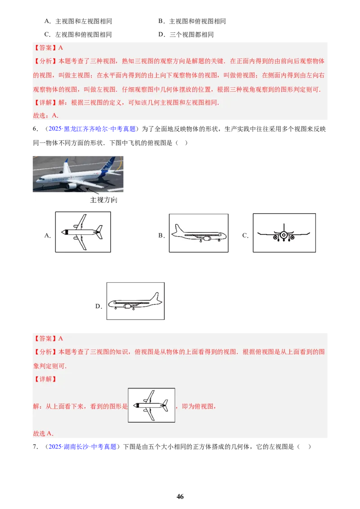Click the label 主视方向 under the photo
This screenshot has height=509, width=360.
(x=104, y=200)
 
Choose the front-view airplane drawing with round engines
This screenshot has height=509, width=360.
(x=284, y=233)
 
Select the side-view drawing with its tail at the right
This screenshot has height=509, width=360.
(x=135, y=301)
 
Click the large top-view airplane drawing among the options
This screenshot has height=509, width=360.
(x=83, y=232)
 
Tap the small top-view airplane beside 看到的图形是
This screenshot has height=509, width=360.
(x=151, y=405)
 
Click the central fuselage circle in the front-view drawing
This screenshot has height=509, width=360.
(x=283, y=234)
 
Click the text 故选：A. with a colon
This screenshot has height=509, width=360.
(x=46, y=115)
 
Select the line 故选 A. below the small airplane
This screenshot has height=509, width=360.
(x=43, y=433)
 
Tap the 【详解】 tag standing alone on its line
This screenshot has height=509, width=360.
(x=45, y=379)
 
